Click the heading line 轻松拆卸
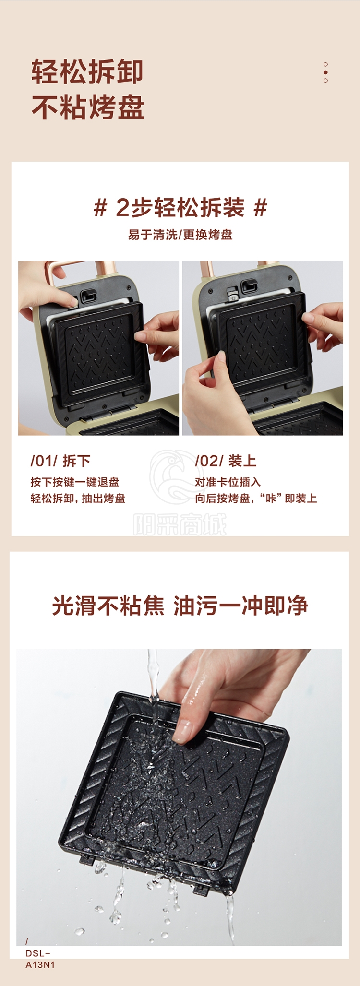pyautogui.click(x=87, y=72)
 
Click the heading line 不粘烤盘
pyautogui.click(x=88, y=107)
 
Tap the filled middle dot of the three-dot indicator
pyautogui.click(x=325, y=72)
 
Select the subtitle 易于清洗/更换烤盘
pyautogui.click(x=180, y=235)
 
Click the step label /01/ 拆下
pyautogui.click(x=60, y=461)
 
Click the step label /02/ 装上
pyautogui.click(x=226, y=461)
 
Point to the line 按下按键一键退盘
pyautogui.click(x=75, y=482)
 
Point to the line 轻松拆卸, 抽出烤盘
pyautogui.click(x=78, y=499)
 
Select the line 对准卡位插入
pyautogui.click(x=228, y=482)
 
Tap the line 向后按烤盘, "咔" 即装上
pyautogui.click(x=256, y=499)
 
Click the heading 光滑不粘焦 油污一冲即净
pyautogui.click(x=180, y=606)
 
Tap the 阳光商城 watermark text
pyautogui.click(x=180, y=524)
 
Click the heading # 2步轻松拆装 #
pyautogui.click(x=180, y=207)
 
